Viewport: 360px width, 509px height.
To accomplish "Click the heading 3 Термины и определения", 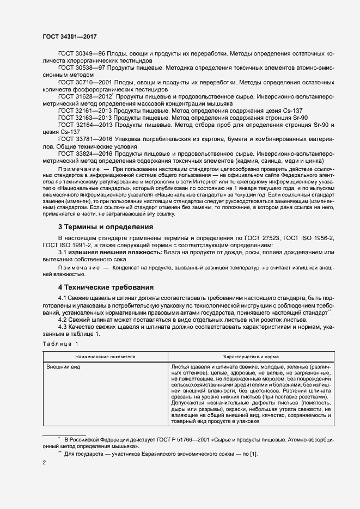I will click(106, 226).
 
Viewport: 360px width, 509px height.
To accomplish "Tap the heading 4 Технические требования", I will click(106, 287).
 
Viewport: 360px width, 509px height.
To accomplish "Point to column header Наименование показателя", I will click(106, 355).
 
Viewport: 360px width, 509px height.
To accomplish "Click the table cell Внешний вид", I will click(63, 367).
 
